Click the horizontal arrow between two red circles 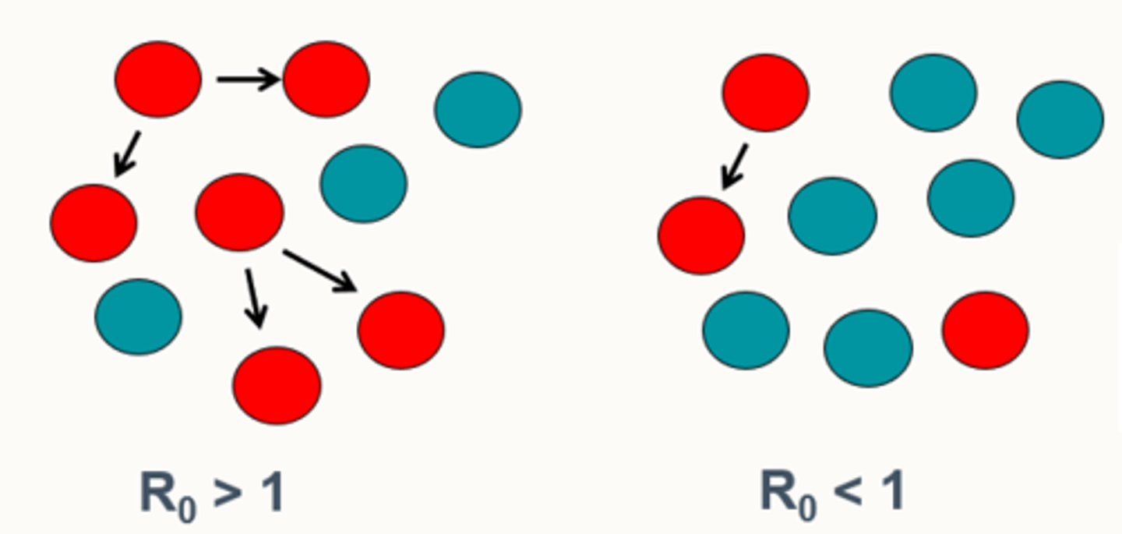tap(248, 79)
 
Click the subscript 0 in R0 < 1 tap(807, 507)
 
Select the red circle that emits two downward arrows tap(238, 212)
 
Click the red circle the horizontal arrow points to tap(326, 80)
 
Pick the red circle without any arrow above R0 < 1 tap(985, 330)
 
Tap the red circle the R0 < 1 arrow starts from tap(765, 93)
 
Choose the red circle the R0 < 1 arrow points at tap(700, 235)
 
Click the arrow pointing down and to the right tap(319, 271)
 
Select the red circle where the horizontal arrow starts tap(158, 80)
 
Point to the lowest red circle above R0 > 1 tap(277, 385)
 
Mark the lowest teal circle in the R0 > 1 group tap(138, 317)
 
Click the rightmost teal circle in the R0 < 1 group tap(1060, 119)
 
